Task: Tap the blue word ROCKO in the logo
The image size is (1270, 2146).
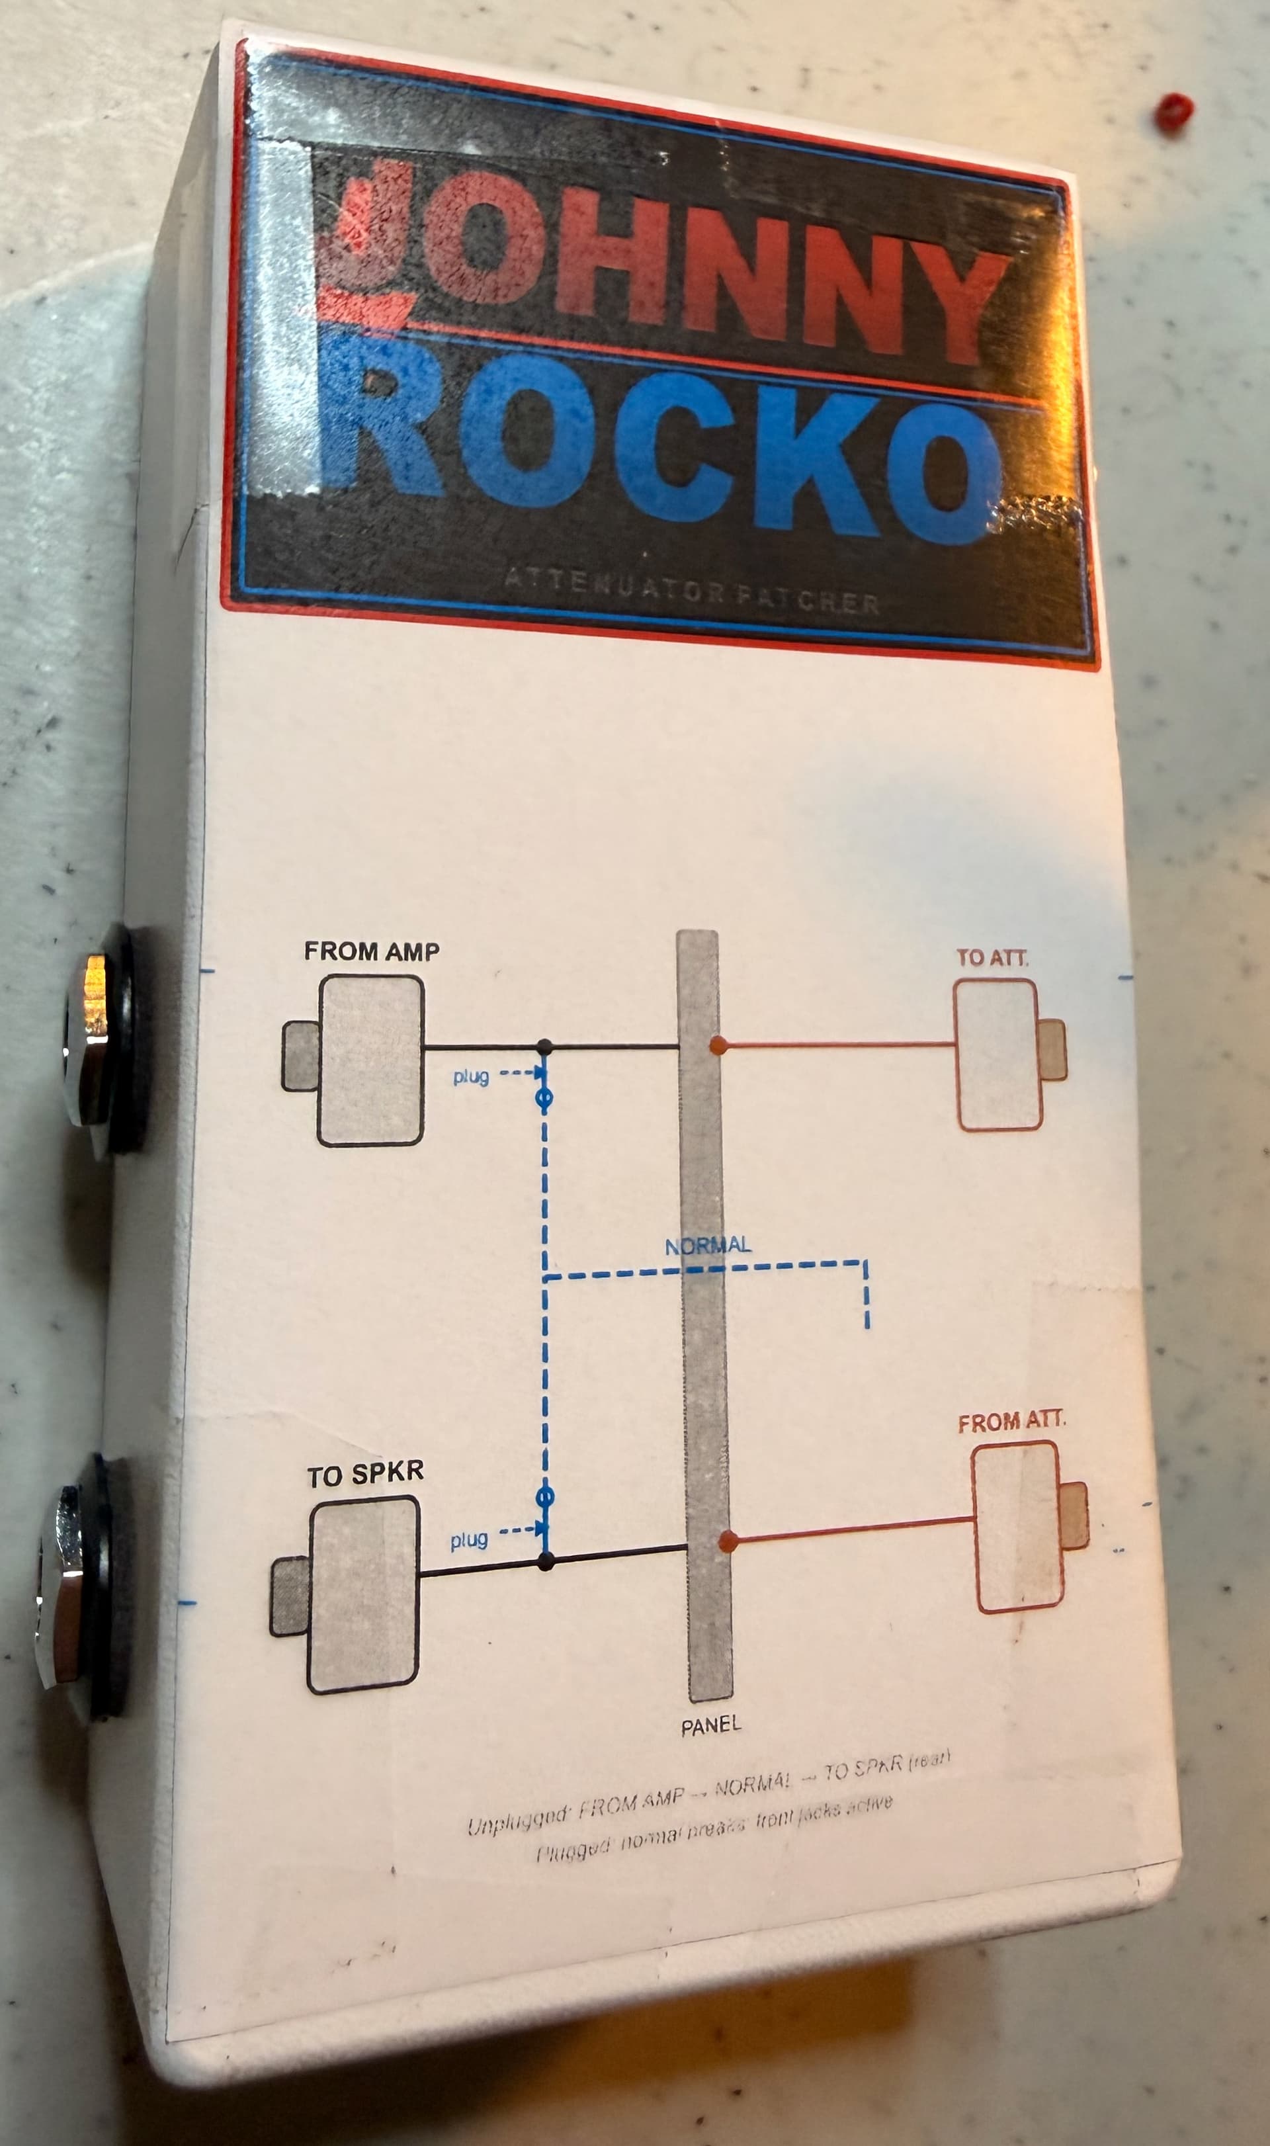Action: coord(659,445)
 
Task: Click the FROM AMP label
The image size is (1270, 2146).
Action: coord(372,951)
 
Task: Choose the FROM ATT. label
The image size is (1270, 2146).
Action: coord(1011,1421)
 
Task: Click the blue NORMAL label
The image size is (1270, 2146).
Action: coord(708,1245)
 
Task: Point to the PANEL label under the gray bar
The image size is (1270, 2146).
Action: coord(710,1726)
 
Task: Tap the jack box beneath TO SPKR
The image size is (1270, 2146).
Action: coord(364,1594)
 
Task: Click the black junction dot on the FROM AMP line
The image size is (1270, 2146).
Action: coord(544,1046)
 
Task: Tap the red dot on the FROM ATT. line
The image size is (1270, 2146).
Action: coord(728,1541)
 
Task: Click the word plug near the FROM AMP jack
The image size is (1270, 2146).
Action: coord(471,1076)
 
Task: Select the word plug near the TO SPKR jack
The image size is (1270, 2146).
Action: coord(469,1540)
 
